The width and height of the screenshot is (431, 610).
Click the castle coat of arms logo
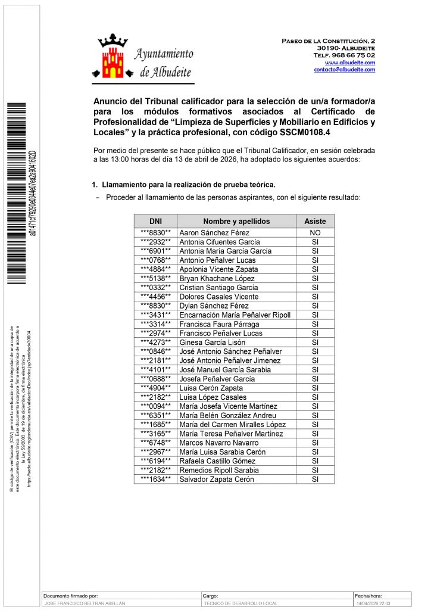click(114, 58)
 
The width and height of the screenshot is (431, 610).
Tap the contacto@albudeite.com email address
click(344, 70)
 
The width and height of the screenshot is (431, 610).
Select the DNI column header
click(155, 221)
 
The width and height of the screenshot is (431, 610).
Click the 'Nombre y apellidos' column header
click(236, 221)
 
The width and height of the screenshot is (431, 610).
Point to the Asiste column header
click(315, 221)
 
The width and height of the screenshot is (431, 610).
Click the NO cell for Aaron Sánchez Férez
click(315, 233)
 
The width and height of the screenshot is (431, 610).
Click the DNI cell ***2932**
click(155, 242)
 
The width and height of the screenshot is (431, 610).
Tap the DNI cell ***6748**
click(155, 443)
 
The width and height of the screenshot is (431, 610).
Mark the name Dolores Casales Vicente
click(218, 297)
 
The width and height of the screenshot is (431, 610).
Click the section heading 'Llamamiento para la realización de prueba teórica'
click(188, 185)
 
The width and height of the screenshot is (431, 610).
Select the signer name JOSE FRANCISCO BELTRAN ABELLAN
click(85, 603)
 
